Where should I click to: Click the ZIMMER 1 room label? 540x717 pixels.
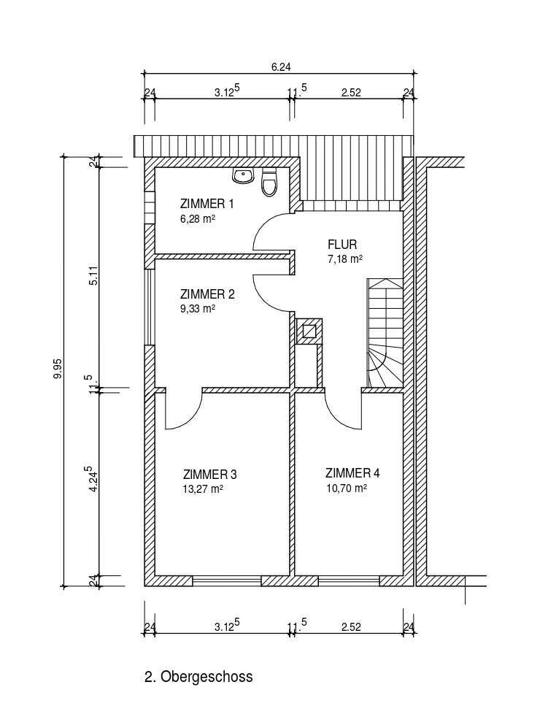click(x=207, y=204)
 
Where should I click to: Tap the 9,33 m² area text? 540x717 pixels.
click(x=197, y=309)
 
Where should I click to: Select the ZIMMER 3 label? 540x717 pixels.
click(x=209, y=474)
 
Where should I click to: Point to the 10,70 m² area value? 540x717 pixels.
click(x=347, y=488)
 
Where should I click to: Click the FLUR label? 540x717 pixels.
click(x=342, y=244)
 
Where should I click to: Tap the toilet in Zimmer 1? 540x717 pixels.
click(x=269, y=182)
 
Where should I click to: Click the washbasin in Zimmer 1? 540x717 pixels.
click(x=243, y=175)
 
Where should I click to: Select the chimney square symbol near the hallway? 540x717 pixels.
click(x=309, y=331)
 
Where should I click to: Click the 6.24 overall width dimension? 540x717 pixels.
click(x=281, y=66)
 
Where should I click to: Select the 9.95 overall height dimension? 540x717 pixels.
click(x=58, y=369)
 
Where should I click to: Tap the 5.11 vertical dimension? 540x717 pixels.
click(x=93, y=276)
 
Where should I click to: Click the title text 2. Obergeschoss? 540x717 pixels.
click(x=198, y=676)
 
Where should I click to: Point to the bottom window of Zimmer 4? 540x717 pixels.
click(x=349, y=580)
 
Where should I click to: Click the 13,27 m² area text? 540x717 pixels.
click(x=203, y=489)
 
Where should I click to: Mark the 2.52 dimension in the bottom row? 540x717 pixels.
click(x=351, y=626)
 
